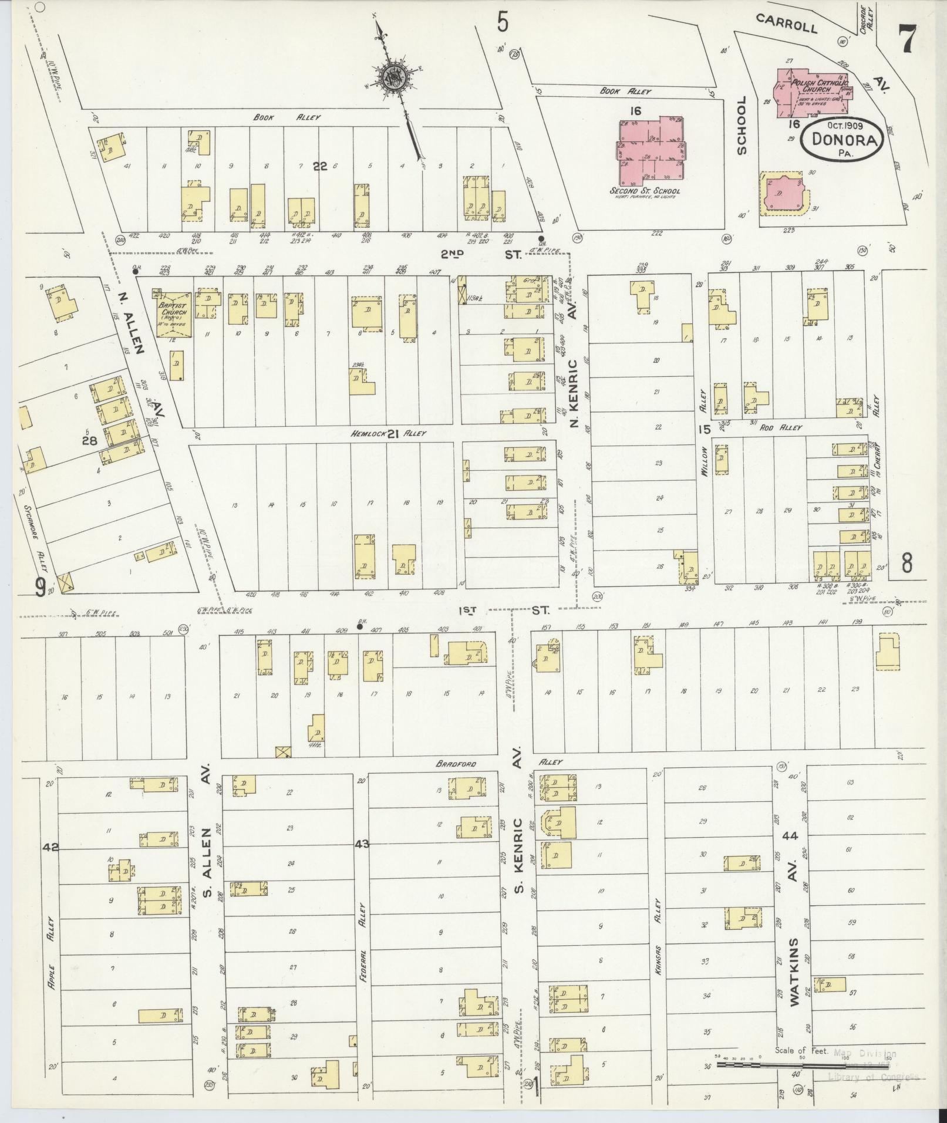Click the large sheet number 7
tap(908, 40)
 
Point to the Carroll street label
tap(786, 24)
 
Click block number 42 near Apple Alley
tap(50, 847)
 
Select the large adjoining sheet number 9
tap(40, 587)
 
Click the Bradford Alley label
tap(456, 764)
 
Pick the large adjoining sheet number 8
tap(906, 564)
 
